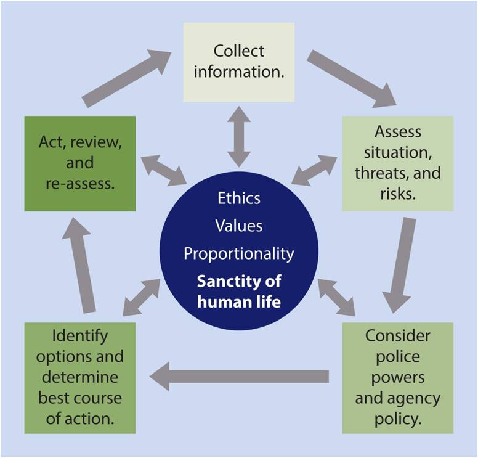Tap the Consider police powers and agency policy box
[x=398, y=377]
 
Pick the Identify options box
[x=80, y=377]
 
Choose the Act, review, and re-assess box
[x=80, y=163]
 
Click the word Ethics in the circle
[x=239, y=198]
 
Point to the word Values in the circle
[x=239, y=226]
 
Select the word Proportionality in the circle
[x=239, y=253]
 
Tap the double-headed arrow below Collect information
[x=239, y=136]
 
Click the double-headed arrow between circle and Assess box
[x=314, y=170]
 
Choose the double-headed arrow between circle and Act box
[x=164, y=170]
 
